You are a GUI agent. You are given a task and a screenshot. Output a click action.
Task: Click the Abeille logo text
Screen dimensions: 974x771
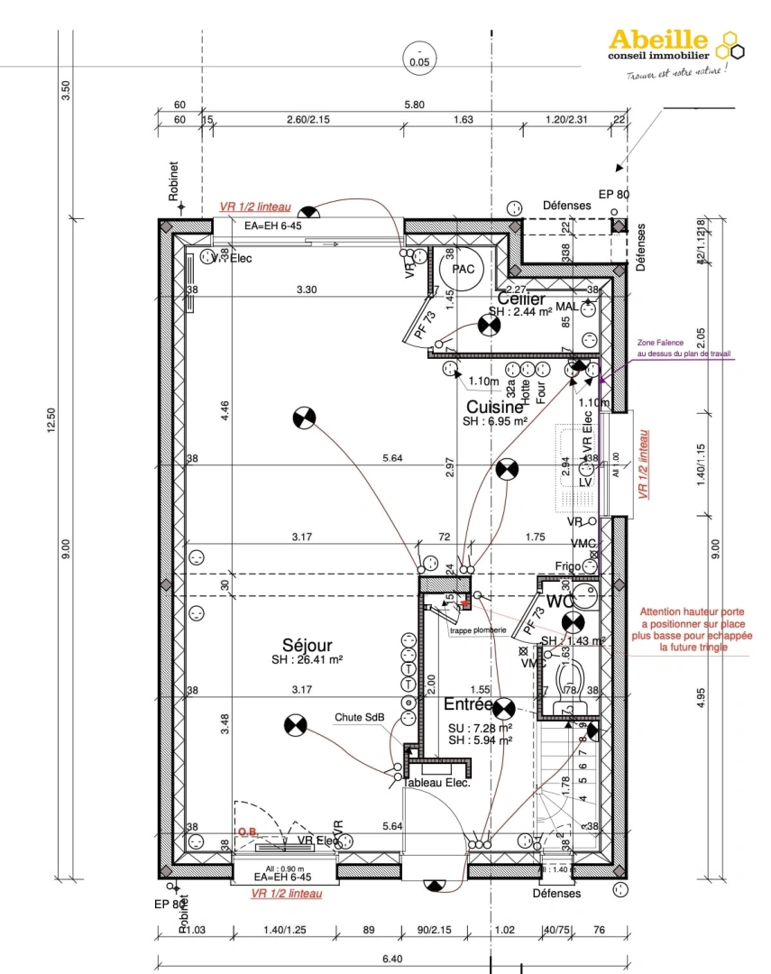click(659, 40)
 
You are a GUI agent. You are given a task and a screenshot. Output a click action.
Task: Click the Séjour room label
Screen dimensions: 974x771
click(307, 645)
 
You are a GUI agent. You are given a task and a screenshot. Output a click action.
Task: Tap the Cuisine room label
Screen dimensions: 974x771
click(495, 407)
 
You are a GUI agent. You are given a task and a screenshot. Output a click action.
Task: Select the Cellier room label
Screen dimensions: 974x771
click(520, 299)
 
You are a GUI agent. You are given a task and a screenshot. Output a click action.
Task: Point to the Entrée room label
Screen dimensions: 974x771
click(467, 703)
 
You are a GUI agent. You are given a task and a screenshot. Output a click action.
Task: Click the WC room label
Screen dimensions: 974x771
click(559, 601)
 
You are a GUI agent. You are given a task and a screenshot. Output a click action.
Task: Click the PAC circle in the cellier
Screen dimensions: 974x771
click(463, 269)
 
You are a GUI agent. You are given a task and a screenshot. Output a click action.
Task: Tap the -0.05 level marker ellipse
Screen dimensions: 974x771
click(419, 56)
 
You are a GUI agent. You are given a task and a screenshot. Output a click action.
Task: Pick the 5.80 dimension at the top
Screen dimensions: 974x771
click(414, 105)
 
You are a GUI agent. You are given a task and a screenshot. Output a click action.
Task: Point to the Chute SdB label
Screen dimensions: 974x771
click(360, 718)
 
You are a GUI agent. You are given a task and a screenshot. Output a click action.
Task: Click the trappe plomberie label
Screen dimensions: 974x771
click(478, 629)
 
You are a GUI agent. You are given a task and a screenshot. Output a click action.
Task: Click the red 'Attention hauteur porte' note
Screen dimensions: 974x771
click(693, 629)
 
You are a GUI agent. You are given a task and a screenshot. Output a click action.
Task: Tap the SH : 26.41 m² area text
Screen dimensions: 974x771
click(307, 659)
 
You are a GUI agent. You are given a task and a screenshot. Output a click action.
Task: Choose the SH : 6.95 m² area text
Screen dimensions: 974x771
click(494, 421)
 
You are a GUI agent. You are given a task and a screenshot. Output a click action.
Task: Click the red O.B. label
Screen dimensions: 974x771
click(247, 832)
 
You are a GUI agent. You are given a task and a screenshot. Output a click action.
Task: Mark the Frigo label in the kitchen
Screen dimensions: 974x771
click(568, 565)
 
